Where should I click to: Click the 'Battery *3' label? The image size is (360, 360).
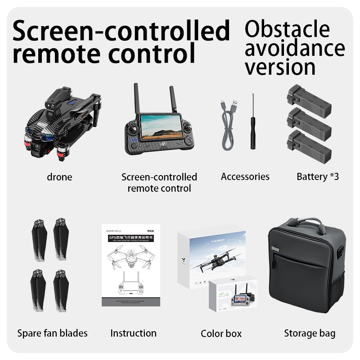(317, 176)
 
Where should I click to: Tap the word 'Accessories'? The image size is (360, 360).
(245, 176)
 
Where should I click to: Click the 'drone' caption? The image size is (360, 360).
(59, 177)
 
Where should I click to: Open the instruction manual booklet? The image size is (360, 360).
(130, 265)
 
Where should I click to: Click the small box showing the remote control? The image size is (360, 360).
(233, 295)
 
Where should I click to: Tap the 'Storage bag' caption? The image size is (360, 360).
(310, 333)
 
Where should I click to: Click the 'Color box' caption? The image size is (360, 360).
(221, 333)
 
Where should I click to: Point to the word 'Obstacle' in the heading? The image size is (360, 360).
(287, 29)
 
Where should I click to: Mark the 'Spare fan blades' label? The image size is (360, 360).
(52, 333)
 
